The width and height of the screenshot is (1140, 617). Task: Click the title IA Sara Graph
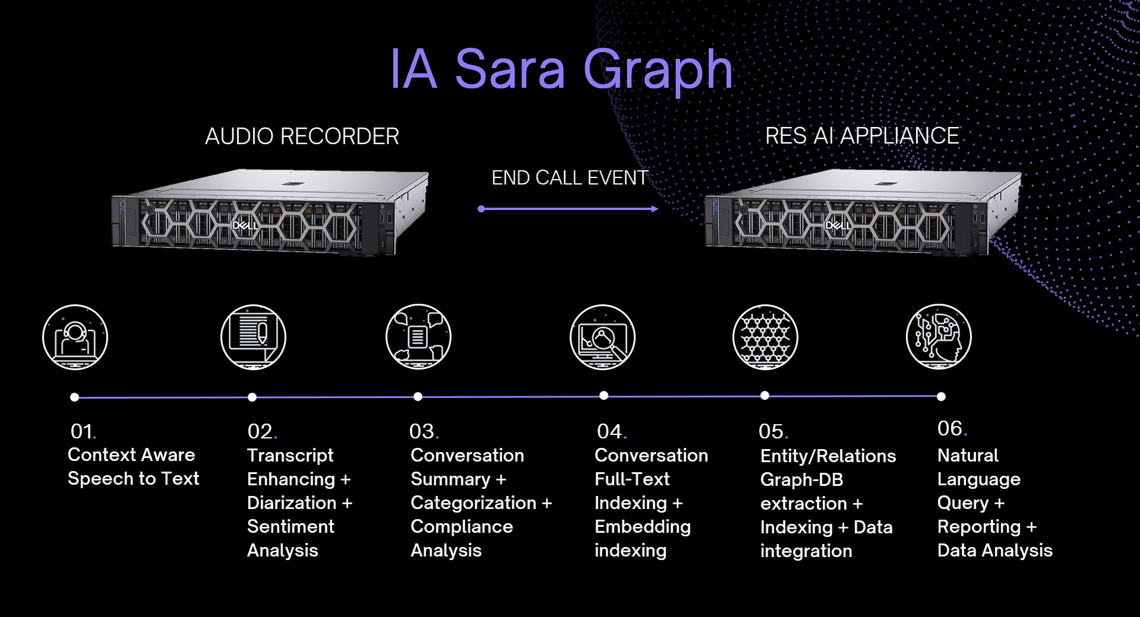point(561,69)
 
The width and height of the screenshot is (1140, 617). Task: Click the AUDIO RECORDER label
point(302,136)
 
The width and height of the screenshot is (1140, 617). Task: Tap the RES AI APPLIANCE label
point(862,136)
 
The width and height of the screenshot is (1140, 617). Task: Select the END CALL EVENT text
point(569,178)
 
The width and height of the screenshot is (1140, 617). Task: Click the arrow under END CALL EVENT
point(568,209)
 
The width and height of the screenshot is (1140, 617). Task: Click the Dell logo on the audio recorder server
point(244,226)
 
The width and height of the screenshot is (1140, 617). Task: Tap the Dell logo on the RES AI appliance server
point(838,225)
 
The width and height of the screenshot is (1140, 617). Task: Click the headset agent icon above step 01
point(75,338)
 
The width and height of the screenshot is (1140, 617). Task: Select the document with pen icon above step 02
point(253,338)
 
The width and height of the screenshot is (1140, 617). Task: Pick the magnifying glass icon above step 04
point(603,338)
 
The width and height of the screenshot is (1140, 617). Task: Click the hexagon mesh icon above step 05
point(765,338)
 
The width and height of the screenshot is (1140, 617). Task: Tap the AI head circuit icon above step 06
point(939,337)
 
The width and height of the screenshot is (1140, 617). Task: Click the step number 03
point(423,431)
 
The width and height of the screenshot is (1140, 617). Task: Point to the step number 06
point(951,428)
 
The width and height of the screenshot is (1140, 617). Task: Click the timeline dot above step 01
point(74,397)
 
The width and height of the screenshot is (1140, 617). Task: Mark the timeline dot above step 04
point(604,396)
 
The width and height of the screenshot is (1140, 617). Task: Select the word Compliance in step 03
point(461,527)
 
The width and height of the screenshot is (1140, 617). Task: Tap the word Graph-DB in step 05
point(802,480)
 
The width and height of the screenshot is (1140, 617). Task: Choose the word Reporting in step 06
point(978,527)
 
